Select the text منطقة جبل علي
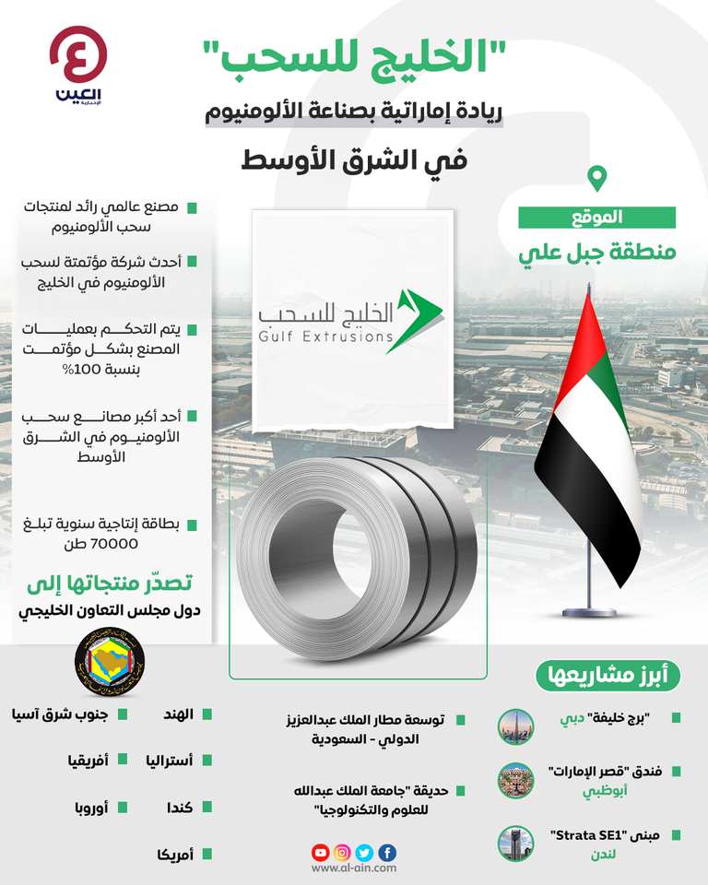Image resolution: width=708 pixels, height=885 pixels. click(597, 251)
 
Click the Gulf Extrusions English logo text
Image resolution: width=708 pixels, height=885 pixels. click(324, 337)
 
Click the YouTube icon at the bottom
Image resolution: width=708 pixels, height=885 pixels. click(320, 853)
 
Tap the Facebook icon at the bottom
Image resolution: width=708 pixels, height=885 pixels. click(387, 853)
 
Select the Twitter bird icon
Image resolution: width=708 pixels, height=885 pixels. click(365, 853)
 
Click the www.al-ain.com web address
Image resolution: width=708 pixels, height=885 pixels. click(354, 868)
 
